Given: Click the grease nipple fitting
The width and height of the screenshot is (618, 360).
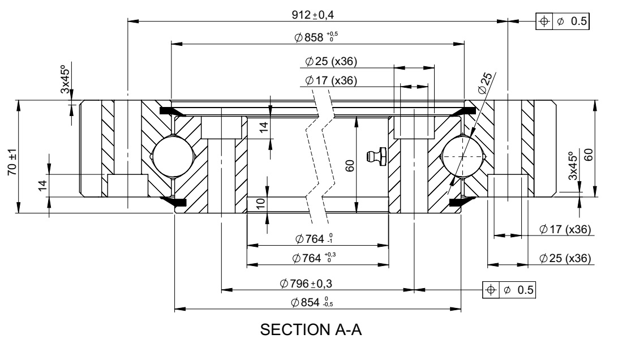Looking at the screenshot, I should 374,156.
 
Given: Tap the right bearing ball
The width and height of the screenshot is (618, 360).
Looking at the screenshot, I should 463,156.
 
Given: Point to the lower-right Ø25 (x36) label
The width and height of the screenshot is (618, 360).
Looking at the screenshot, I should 565,258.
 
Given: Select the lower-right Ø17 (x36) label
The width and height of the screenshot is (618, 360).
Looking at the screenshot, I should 565,229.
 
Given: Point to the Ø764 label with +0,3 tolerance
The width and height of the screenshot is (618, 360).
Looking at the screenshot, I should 313,258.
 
